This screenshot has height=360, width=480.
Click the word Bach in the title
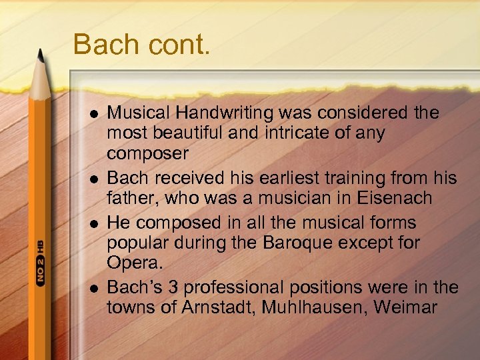[103, 45]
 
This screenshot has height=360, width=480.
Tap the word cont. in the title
[175, 45]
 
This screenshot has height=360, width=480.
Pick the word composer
[148, 153]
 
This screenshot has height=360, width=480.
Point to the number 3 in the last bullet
[174, 287]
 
